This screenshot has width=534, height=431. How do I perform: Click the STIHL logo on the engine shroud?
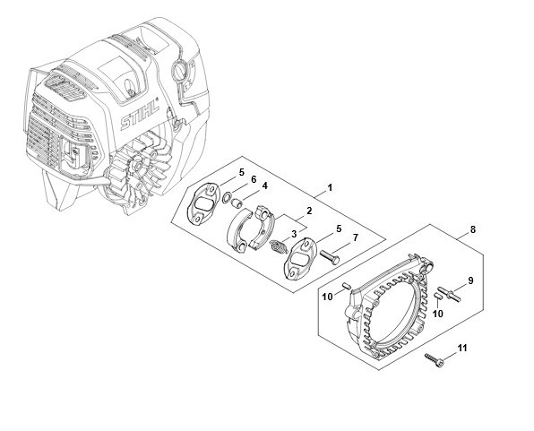(x=141, y=114)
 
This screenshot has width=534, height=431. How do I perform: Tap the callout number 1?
(x=329, y=187)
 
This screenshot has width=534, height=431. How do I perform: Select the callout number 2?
(x=309, y=211)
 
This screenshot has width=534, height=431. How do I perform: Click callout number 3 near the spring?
(x=294, y=234)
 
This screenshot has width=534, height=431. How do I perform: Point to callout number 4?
(x=264, y=185)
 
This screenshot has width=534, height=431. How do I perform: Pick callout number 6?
(x=254, y=179)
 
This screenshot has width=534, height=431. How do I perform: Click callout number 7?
(x=355, y=237)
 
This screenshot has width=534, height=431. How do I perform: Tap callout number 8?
(x=472, y=229)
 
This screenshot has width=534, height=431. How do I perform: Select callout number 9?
(x=470, y=280)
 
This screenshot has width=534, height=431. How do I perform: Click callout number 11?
(x=462, y=349)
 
